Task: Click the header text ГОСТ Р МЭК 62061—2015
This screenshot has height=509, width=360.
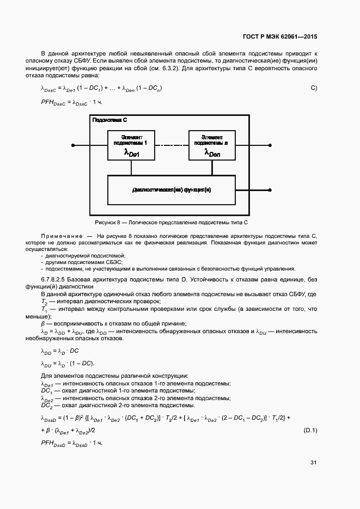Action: [x=279, y=36]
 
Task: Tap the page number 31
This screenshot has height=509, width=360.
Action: [x=314, y=463]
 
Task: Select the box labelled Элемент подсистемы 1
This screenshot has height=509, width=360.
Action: [x=131, y=145]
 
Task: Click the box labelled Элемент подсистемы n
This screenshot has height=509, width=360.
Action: [x=212, y=145]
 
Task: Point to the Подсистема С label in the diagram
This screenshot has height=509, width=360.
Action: [x=109, y=120]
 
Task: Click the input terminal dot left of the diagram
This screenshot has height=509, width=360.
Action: [x=72, y=145]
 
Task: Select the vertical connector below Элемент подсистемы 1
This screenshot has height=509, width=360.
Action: [x=131, y=168]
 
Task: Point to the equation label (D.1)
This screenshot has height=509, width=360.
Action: [x=310, y=431]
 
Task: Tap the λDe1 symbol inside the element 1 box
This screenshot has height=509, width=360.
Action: [x=132, y=154]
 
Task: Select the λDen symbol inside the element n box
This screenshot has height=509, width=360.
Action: [x=212, y=154]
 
